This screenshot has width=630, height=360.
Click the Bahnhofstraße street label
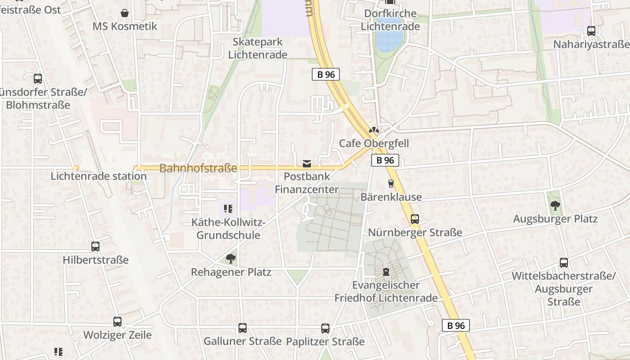[x=198, y=169]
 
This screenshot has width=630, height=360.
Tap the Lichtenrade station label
[x=99, y=176]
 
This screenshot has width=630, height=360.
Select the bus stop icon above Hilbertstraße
[x=95, y=247]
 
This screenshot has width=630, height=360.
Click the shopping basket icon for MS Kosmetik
[x=125, y=13]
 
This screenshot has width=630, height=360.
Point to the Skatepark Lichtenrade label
[x=258, y=48]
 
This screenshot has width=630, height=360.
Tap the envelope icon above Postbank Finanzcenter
[x=307, y=163]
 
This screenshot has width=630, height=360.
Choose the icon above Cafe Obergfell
[x=373, y=130]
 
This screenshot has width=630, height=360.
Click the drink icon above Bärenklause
[x=391, y=184]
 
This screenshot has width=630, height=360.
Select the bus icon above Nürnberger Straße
[x=415, y=219]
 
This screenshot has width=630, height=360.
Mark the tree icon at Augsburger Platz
[x=555, y=206]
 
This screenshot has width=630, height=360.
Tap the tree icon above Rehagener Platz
[x=231, y=259]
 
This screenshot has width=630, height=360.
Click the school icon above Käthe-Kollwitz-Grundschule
[x=228, y=209]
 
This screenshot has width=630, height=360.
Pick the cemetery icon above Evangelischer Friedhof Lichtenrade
[x=386, y=271]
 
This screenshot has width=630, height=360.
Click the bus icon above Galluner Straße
[x=243, y=328]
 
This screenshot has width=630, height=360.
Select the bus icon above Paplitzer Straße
[x=325, y=328]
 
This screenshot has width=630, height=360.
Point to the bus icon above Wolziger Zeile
[x=117, y=322]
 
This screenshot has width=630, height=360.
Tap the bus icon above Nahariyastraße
[x=591, y=31]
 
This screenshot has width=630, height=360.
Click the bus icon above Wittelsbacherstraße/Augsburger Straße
[x=564, y=263]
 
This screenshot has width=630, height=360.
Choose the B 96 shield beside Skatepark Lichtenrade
[x=326, y=75]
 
